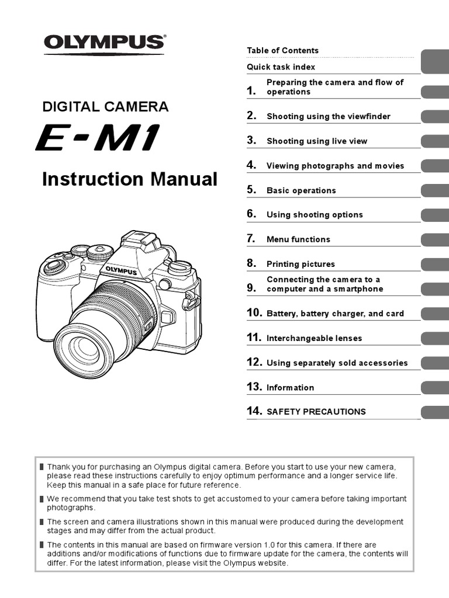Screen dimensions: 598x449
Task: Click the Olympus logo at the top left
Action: coord(104,43)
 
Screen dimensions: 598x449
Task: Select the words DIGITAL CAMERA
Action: coord(105,106)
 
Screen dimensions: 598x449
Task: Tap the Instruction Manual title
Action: coord(129,179)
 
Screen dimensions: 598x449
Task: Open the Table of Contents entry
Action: coord(282,51)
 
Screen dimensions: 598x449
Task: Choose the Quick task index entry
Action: coord(281,67)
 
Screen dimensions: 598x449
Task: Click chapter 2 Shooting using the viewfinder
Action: coord(328,116)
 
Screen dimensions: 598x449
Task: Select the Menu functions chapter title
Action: coord(298,239)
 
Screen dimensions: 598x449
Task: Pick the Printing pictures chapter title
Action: coord(301,264)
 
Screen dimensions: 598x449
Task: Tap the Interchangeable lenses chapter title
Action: coord(314,338)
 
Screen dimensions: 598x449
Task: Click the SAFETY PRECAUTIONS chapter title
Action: coord(316,412)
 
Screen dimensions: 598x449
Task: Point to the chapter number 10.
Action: coord(254,313)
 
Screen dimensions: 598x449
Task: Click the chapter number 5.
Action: coord(251,190)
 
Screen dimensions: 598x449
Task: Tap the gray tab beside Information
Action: coord(434,387)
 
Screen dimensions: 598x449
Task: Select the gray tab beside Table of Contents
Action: coord(434,58)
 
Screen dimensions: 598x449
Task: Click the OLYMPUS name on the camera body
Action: coord(121,270)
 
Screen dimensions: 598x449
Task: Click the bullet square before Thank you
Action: coord(42,467)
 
